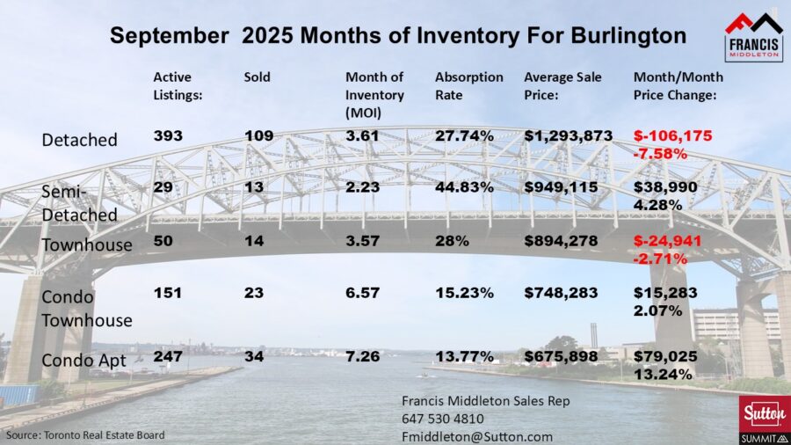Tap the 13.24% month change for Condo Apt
(657, 373)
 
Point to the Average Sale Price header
(562, 85)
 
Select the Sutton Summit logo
(760, 418)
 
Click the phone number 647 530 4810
(442, 419)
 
